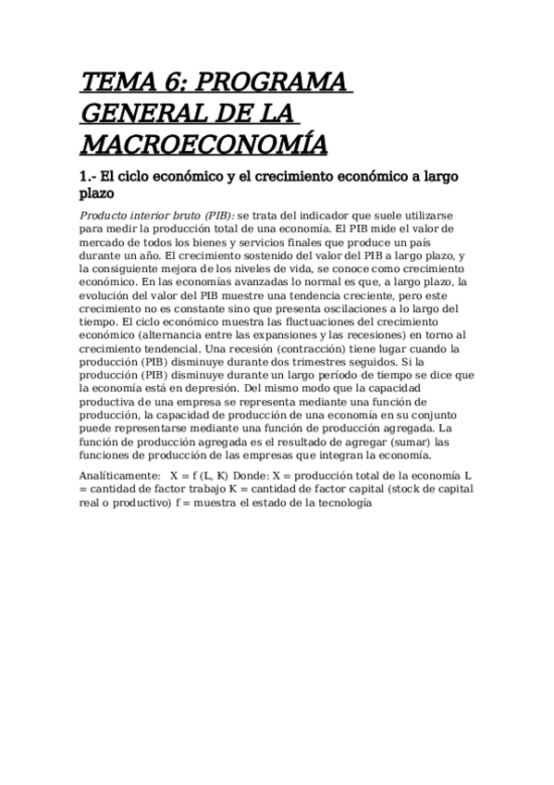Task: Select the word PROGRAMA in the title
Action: tap(277, 82)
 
